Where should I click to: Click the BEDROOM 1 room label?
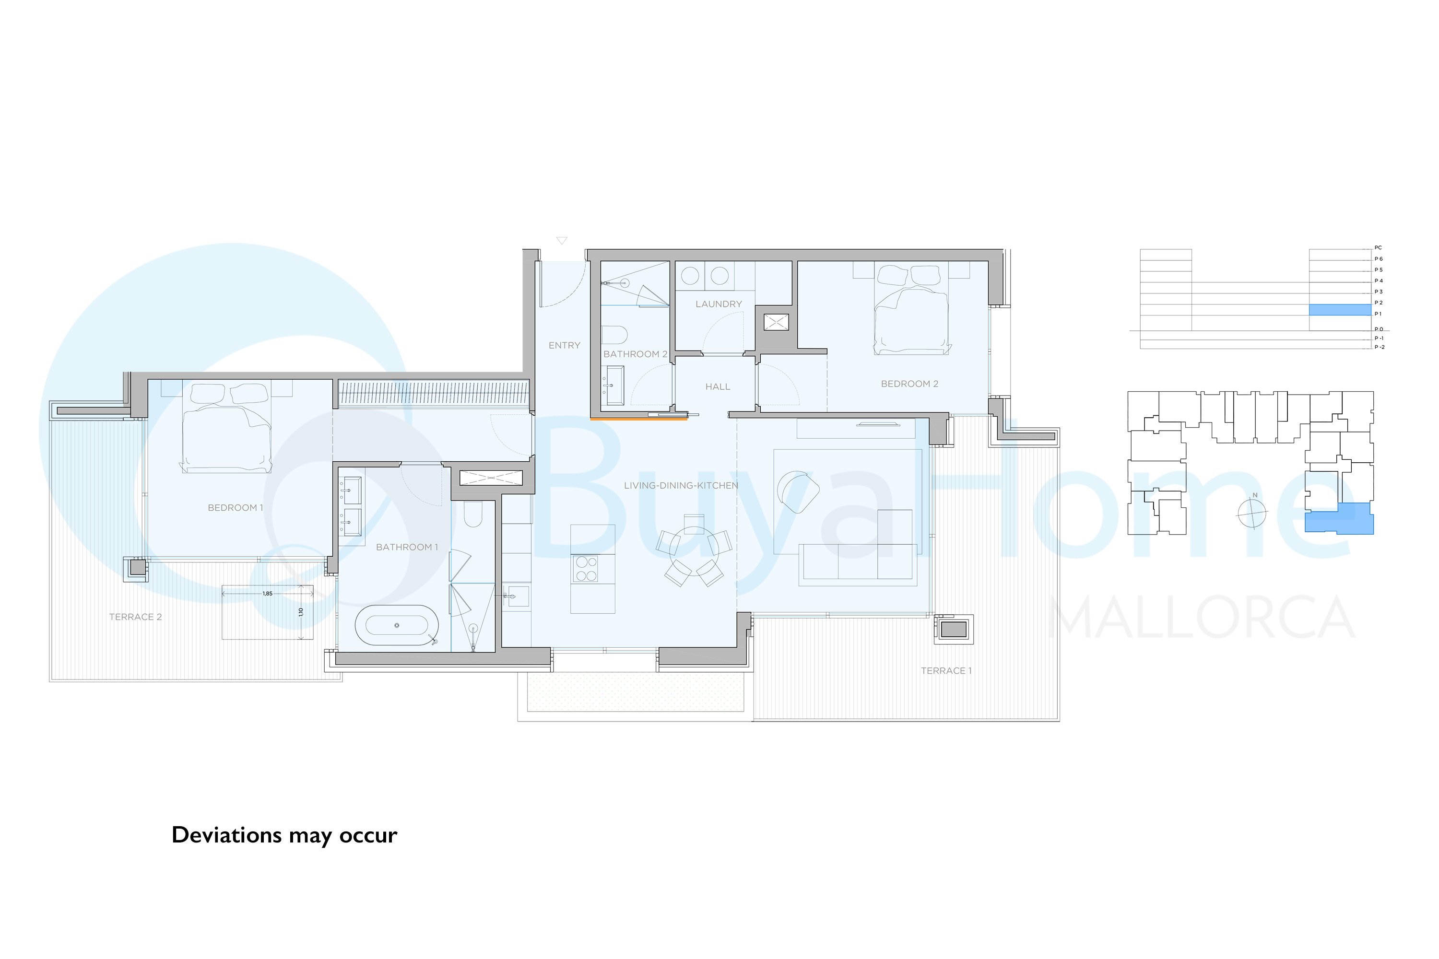(x=235, y=508)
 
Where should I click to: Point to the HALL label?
(x=718, y=386)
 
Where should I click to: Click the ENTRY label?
(x=564, y=346)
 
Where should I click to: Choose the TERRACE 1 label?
(x=946, y=671)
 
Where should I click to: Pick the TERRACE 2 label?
(x=135, y=617)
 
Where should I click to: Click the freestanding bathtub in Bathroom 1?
(x=397, y=625)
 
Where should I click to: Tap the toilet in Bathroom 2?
(x=614, y=335)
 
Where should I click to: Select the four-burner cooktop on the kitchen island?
(x=586, y=569)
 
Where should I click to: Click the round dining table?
(x=694, y=549)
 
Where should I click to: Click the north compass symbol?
(x=1252, y=513)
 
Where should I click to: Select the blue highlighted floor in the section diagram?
(x=1339, y=310)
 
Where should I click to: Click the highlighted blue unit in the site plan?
(x=1339, y=519)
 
